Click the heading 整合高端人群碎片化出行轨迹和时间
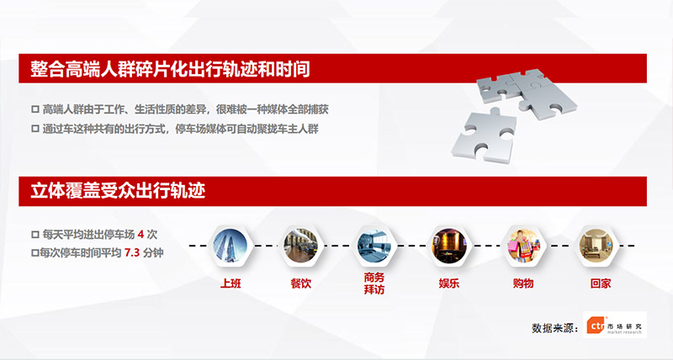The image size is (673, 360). coord(170,69)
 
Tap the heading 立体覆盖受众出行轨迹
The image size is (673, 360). coord(118,191)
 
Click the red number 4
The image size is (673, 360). coord(140,235)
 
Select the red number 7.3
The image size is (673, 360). coord(132,252)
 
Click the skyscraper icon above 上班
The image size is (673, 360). coord(230,246)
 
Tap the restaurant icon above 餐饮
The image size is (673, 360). coord(300,246)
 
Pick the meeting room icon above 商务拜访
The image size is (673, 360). coord(374,246)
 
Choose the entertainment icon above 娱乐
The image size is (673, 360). coord(449,246)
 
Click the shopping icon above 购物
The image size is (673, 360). coord(523,246)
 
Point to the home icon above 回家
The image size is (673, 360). coord(597,246)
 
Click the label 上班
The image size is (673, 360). coord(231,283)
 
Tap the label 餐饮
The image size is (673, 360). coord(301,283)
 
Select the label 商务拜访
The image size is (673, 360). coord(374,283)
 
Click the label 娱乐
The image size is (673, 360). coord(449,283)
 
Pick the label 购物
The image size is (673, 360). coord(523,283)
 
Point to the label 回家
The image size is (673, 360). coord(601,283)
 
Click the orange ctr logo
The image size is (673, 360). coord(596,326)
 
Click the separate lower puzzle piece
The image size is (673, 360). coord(485,136)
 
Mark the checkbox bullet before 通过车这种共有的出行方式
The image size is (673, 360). coord(35,129)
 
